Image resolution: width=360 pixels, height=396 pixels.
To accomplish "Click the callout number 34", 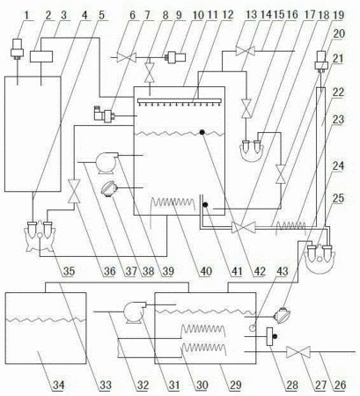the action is coord(58,385).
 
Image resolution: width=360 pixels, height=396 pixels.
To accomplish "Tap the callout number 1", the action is coord(27,15).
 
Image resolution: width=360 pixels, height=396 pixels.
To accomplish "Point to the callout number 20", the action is coord(338,33).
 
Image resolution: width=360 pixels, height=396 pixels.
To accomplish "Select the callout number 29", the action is coord(235,385).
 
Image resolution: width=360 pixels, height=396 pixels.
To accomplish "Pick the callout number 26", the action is coord(340,385).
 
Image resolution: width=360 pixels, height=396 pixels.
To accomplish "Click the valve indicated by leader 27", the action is coord(298,352).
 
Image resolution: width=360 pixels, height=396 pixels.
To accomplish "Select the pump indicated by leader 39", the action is coord(107,162).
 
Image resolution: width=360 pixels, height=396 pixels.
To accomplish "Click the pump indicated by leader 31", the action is coord(134,312).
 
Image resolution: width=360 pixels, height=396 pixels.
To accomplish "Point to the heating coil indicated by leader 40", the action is coord(173,203).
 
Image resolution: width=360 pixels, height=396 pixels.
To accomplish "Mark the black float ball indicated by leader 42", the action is coord(202,132).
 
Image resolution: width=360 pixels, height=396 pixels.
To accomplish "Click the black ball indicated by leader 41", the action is coord(205,205).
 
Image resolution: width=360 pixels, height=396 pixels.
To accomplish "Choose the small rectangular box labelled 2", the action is coord(41,56).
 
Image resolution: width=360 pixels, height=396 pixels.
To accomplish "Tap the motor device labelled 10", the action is coord(175,57).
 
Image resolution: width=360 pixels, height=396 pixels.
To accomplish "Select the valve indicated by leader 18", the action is coord(244,227).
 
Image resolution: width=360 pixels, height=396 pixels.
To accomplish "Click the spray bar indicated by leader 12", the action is coord(180,101).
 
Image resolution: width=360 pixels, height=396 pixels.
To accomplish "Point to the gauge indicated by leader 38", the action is coord(108,188).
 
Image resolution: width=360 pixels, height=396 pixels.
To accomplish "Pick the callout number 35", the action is coord(69,271).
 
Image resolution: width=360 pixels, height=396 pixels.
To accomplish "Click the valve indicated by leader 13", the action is coord(245,51).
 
